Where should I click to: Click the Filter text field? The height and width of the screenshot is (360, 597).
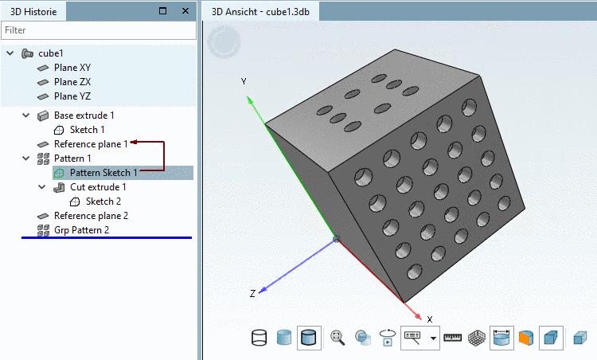98,30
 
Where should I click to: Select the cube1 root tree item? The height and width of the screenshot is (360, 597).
50,53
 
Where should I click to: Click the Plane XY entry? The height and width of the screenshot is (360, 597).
72,68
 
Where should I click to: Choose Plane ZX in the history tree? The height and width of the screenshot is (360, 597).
72,82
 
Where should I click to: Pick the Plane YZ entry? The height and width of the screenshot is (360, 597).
72,96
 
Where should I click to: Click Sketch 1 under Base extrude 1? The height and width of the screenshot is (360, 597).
87,130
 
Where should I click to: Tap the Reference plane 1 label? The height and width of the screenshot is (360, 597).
91,144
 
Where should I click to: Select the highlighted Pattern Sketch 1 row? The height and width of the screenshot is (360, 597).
103,173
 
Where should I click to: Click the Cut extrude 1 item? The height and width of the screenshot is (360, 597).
98,187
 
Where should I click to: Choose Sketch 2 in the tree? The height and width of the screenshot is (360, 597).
103,202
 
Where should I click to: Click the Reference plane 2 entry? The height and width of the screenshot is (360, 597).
91,216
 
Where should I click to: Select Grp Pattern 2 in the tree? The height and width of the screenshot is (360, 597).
81,230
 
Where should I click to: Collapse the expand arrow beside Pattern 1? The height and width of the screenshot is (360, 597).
25,158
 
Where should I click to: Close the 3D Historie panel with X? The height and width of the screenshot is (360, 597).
185,11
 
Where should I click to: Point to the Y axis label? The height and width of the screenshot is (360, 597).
244,82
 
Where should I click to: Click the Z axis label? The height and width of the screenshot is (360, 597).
252,294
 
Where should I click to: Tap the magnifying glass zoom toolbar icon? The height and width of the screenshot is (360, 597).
338,338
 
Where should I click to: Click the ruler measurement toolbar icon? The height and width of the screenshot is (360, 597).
453,338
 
